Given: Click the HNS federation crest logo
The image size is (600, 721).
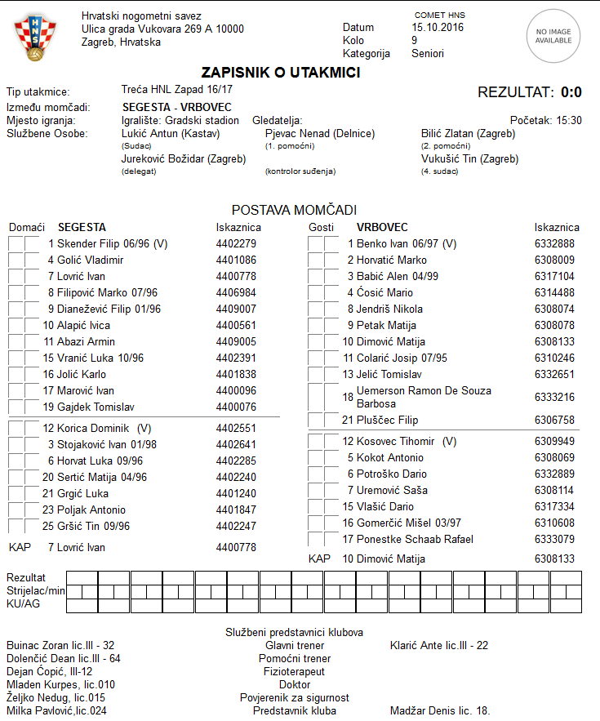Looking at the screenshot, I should click(x=35, y=38).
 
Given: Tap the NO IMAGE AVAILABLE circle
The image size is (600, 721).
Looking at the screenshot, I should click(x=553, y=36).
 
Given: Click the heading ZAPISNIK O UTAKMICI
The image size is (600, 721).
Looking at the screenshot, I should click(x=281, y=73).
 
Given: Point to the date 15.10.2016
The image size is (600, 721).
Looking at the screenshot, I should click(x=438, y=27).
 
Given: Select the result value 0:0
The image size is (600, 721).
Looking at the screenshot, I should click(x=571, y=92).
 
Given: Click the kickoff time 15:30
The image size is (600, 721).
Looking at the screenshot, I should click(x=569, y=120).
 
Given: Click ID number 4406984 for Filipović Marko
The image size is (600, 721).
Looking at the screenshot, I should click(x=236, y=292).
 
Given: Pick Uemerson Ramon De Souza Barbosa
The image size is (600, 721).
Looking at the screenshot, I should click(x=423, y=397).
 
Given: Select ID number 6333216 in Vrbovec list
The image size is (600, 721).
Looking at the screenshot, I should click(x=554, y=397).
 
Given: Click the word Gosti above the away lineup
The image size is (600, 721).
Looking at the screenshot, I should click(x=321, y=227).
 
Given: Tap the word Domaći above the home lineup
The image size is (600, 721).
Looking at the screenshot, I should click(x=27, y=227).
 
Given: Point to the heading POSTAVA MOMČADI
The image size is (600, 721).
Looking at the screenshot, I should click(x=294, y=210).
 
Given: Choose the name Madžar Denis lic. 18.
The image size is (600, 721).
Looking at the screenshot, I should click(x=440, y=710).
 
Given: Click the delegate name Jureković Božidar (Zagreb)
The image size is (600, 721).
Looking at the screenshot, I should click(x=184, y=159).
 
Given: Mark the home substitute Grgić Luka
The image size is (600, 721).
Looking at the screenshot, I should click(x=82, y=493).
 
